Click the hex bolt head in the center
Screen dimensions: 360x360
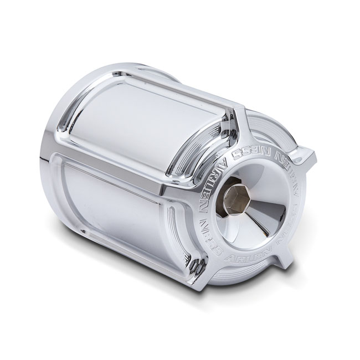pyautogui.click(x=238, y=196)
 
